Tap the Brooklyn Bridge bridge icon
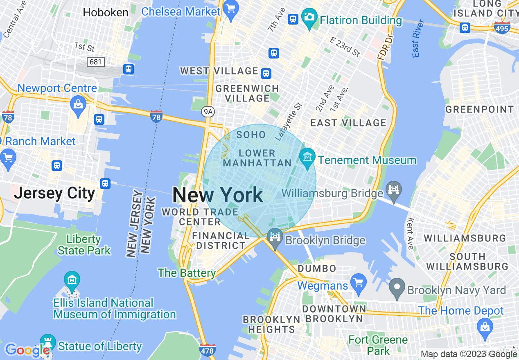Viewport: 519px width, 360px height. pos(275,237)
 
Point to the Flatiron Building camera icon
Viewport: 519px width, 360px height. pos(310,17)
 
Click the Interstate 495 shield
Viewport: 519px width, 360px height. pos(502,28)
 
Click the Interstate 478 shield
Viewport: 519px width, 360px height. pos(208,350)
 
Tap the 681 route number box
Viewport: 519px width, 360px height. pos(96,62)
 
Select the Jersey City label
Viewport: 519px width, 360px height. pos(54,193)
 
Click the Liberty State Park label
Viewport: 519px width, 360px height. pos(84,245)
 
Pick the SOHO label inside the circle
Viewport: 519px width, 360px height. pos(251,135)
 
